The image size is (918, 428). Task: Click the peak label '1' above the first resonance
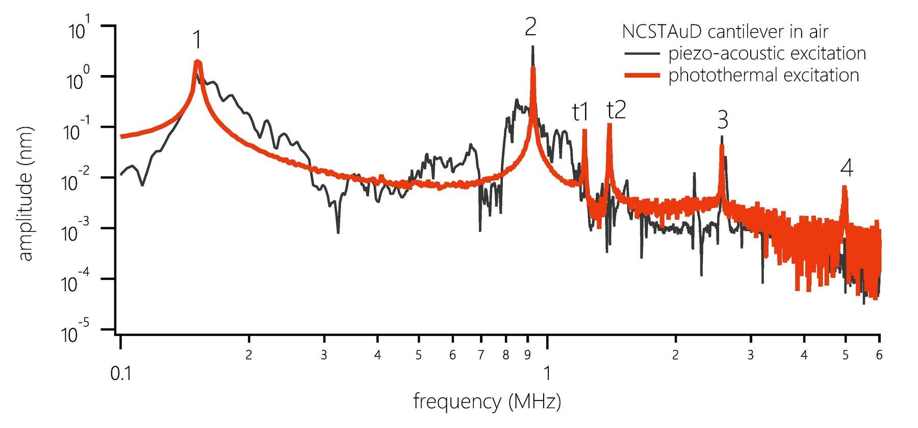[x=197, y=40]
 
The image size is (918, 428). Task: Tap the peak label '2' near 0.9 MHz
[x=530, y=27]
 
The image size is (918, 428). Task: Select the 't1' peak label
[x=580, y=112]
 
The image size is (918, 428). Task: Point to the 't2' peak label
[x=616, y=110]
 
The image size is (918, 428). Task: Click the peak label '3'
[x=723, y=120]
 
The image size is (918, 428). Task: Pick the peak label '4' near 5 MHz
[x=847, y=168]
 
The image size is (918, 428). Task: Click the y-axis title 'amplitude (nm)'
[x=25, y=193]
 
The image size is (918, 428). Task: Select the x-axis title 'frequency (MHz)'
[x=487, y=401]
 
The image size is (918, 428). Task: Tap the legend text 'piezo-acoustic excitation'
[x=767, y=53]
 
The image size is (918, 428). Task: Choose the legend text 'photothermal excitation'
[x=763, y=75]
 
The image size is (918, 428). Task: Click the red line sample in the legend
[x=642, y=76]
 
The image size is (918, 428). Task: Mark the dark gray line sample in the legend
[x=642, y=53]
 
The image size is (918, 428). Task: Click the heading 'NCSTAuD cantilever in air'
[x=725, y=32]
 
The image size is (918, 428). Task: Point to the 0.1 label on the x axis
[x=121, y=374]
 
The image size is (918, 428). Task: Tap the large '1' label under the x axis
[x=547, y=374]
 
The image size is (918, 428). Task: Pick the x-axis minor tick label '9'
[x=527, y=355]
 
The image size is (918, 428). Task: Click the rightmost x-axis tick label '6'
[x=879, y=355]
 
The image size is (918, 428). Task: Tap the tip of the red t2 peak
[x=609, y=125]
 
